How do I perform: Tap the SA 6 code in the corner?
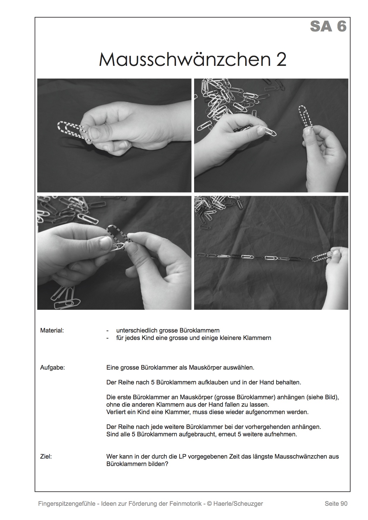(328, 26)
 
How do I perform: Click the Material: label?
(52, 330)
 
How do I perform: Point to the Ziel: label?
(46, 457)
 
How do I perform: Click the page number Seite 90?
(336, 503)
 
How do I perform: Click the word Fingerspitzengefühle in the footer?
(67, 504)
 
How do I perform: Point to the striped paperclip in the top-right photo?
(306, 116)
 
